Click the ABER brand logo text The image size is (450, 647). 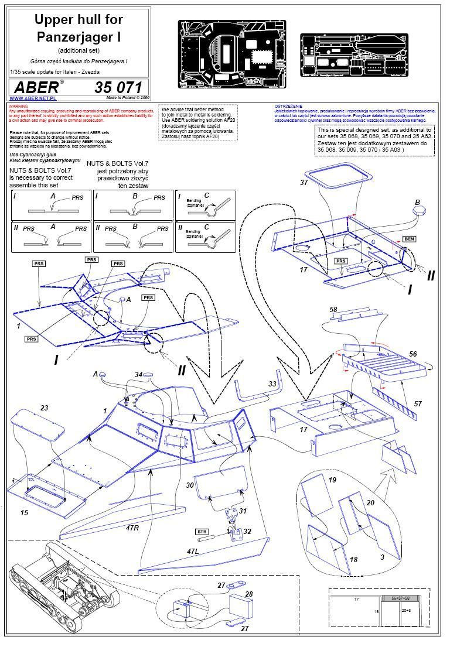[39, 87]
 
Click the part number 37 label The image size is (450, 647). [304, 182]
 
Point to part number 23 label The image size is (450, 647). [43, 408]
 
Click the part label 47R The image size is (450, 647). [131, 528]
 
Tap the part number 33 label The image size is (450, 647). [272, 384]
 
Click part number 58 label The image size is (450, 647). [333, 309]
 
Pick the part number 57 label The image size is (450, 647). [418, 404]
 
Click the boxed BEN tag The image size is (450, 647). [408, 239]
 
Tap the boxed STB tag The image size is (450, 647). [202, 532]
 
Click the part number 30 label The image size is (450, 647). [189, 485]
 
